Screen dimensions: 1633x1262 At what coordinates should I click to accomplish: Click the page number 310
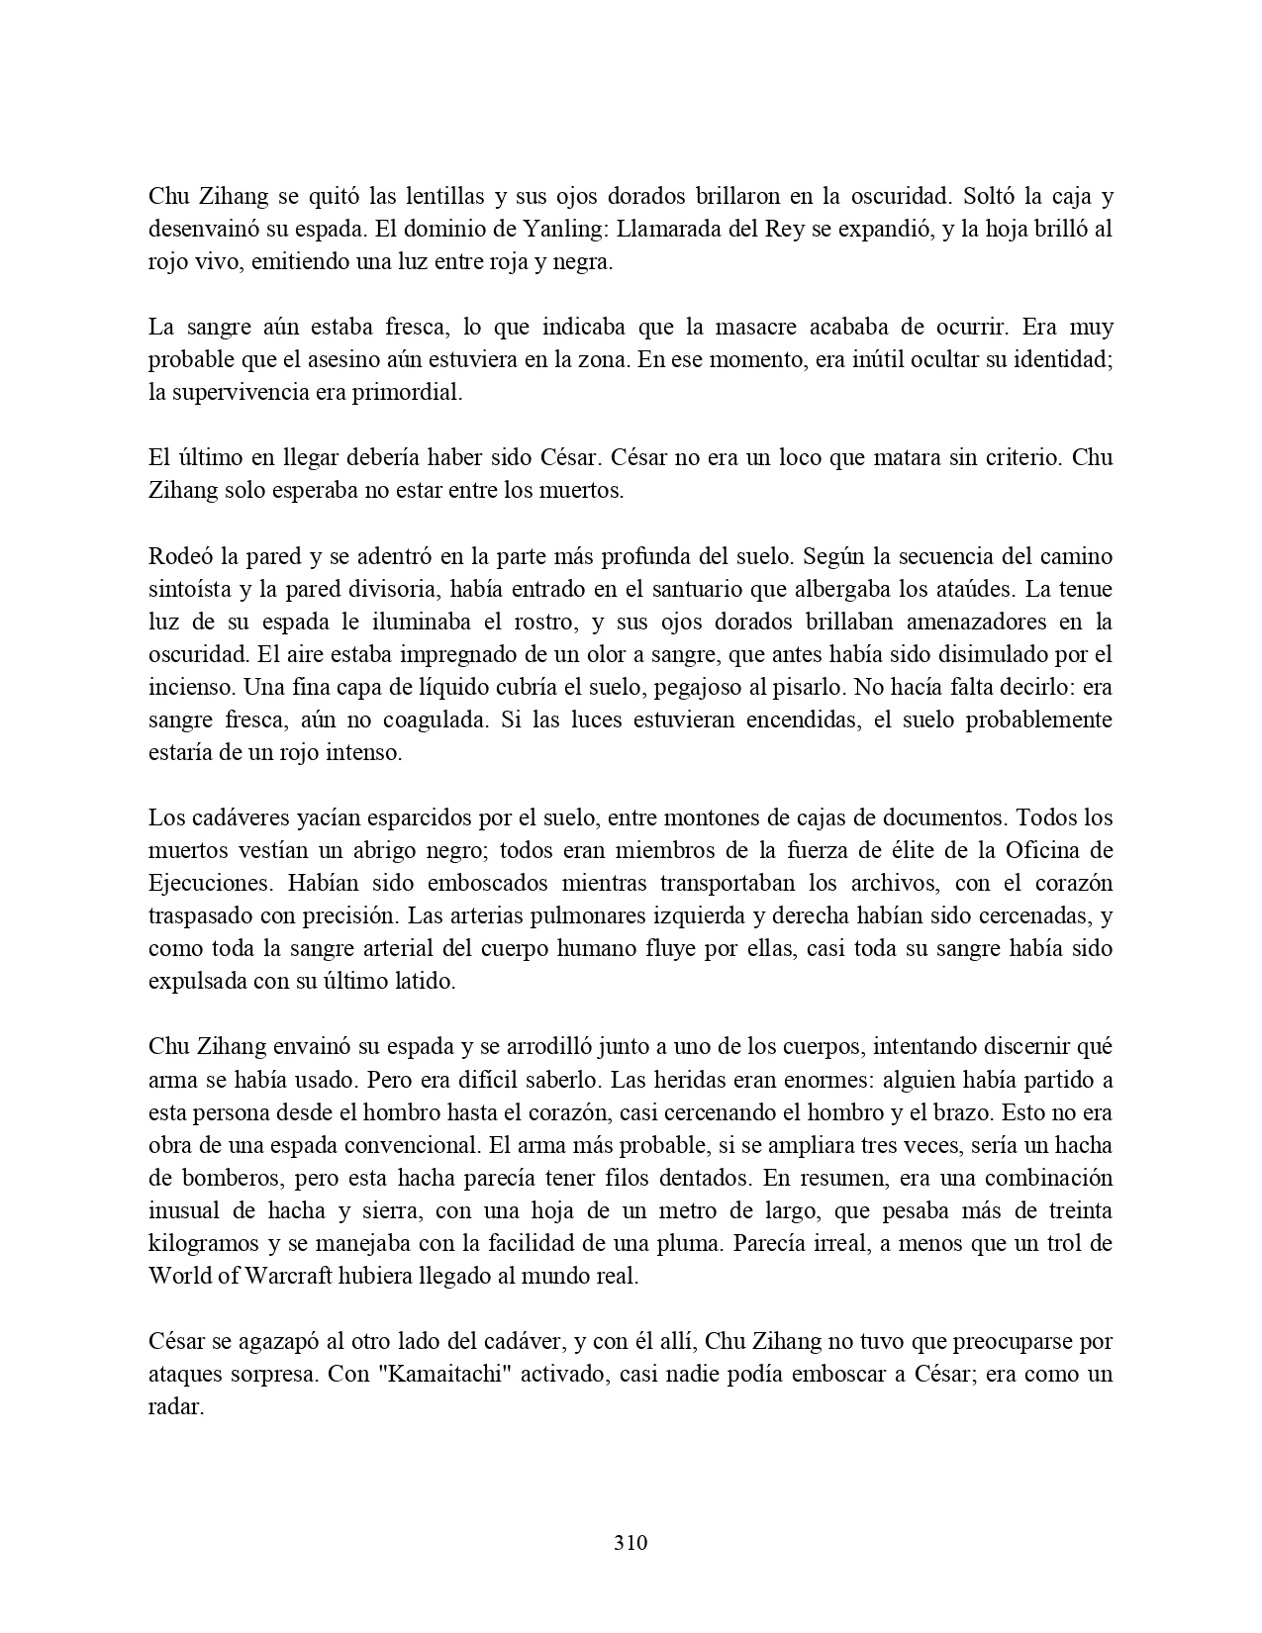click(x=631, y=1542)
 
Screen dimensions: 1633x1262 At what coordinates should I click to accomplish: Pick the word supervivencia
click(x=241, y=393)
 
